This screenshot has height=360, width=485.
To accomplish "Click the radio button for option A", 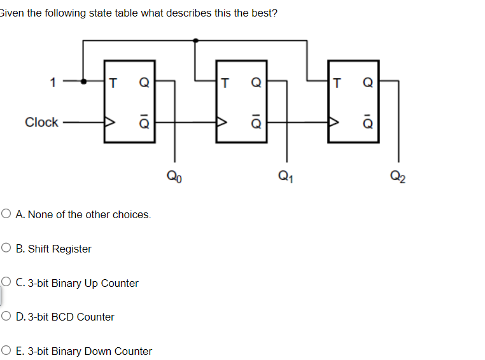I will (x=6, y=214).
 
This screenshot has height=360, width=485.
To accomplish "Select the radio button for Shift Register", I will (x=6, y=249).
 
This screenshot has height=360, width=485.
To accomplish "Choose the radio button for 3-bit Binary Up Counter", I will (x=6, y=283).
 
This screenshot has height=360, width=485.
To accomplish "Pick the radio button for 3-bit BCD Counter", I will (x=6, y=317).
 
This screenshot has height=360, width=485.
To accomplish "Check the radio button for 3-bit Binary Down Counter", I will (x=6, y=351).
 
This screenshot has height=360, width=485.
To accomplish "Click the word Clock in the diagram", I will (x=41, y=122).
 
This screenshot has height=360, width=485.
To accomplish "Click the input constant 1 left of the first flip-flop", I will (x=53, y=81).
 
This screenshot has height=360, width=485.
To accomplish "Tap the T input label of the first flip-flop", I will (x=113, y=81).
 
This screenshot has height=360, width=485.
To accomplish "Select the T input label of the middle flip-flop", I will (x=225, y=81).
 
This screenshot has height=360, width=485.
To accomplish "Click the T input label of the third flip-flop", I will (x=337, y=81).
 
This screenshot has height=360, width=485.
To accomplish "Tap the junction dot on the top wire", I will (x=195, y=40).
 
